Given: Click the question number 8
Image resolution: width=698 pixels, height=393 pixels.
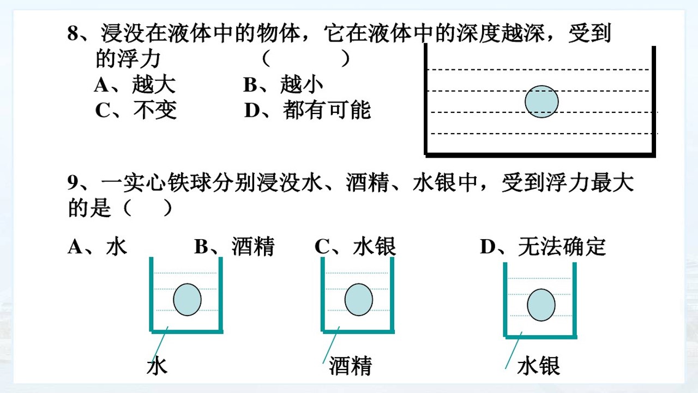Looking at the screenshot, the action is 73,33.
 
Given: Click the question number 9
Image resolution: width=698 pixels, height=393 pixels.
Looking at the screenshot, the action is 73,182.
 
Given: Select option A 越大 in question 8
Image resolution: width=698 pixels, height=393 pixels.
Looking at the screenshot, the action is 135,85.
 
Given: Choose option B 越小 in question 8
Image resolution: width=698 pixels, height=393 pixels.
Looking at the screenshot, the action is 283,85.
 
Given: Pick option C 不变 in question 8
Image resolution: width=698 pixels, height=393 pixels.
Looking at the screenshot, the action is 136,110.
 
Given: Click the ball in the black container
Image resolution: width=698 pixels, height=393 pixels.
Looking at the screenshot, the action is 541,102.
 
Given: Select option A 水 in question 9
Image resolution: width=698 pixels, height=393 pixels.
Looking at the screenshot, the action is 98,247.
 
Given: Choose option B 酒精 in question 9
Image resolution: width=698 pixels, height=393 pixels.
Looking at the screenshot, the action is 234,247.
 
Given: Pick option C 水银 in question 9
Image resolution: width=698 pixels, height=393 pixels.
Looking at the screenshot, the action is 356,247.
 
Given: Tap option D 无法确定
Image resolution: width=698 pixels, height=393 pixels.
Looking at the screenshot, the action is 543,247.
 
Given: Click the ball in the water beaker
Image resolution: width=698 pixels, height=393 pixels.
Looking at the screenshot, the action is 187,300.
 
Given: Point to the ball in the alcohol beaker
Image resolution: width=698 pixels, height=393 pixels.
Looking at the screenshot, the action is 359,300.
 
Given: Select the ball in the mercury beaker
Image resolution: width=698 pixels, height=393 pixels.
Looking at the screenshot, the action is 541,305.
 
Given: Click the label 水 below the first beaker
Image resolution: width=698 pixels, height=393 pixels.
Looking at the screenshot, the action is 157,366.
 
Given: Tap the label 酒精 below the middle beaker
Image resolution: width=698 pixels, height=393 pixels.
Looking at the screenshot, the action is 351,366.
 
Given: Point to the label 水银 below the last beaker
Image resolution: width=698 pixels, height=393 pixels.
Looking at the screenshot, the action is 538,366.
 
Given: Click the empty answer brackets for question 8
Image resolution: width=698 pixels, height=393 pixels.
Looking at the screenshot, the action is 306,58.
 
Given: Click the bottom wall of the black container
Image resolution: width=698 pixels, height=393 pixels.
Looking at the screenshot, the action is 540,155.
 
